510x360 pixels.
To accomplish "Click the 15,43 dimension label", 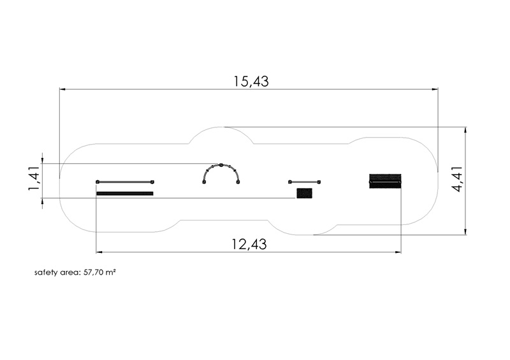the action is tap(251, 82).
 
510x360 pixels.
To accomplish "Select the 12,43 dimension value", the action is tap(249, 244).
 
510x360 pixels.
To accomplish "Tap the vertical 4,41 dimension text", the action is tap(457, 179).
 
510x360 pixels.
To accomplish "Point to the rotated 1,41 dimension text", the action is tap(34, 178).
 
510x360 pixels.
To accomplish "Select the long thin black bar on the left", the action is tap(125, 194).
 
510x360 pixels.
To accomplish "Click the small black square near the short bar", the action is tap(305, 193).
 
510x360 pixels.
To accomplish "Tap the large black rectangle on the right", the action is tap(385, 181).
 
